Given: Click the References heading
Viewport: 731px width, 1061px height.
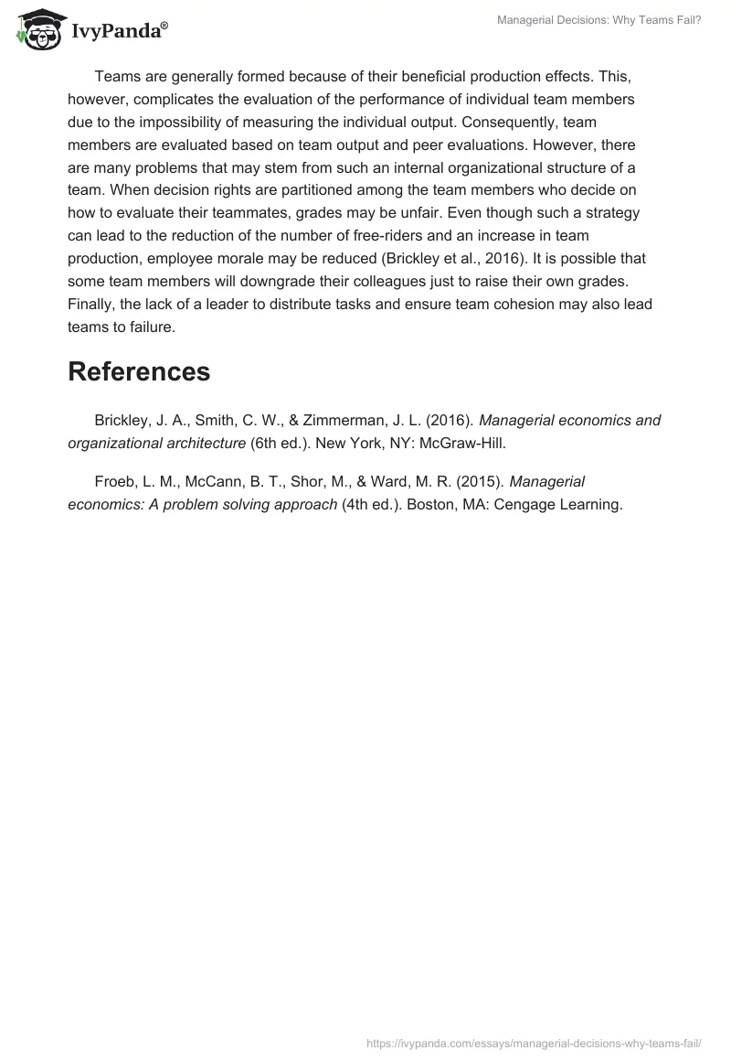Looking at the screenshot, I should (x=139, y=371).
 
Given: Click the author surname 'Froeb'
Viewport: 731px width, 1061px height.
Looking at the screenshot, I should (x=114, y=481).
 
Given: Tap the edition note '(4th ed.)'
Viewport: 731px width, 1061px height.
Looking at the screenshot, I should (x=371, y=504).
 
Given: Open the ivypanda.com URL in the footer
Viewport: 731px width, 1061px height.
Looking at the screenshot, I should (x=534, y=1044).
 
